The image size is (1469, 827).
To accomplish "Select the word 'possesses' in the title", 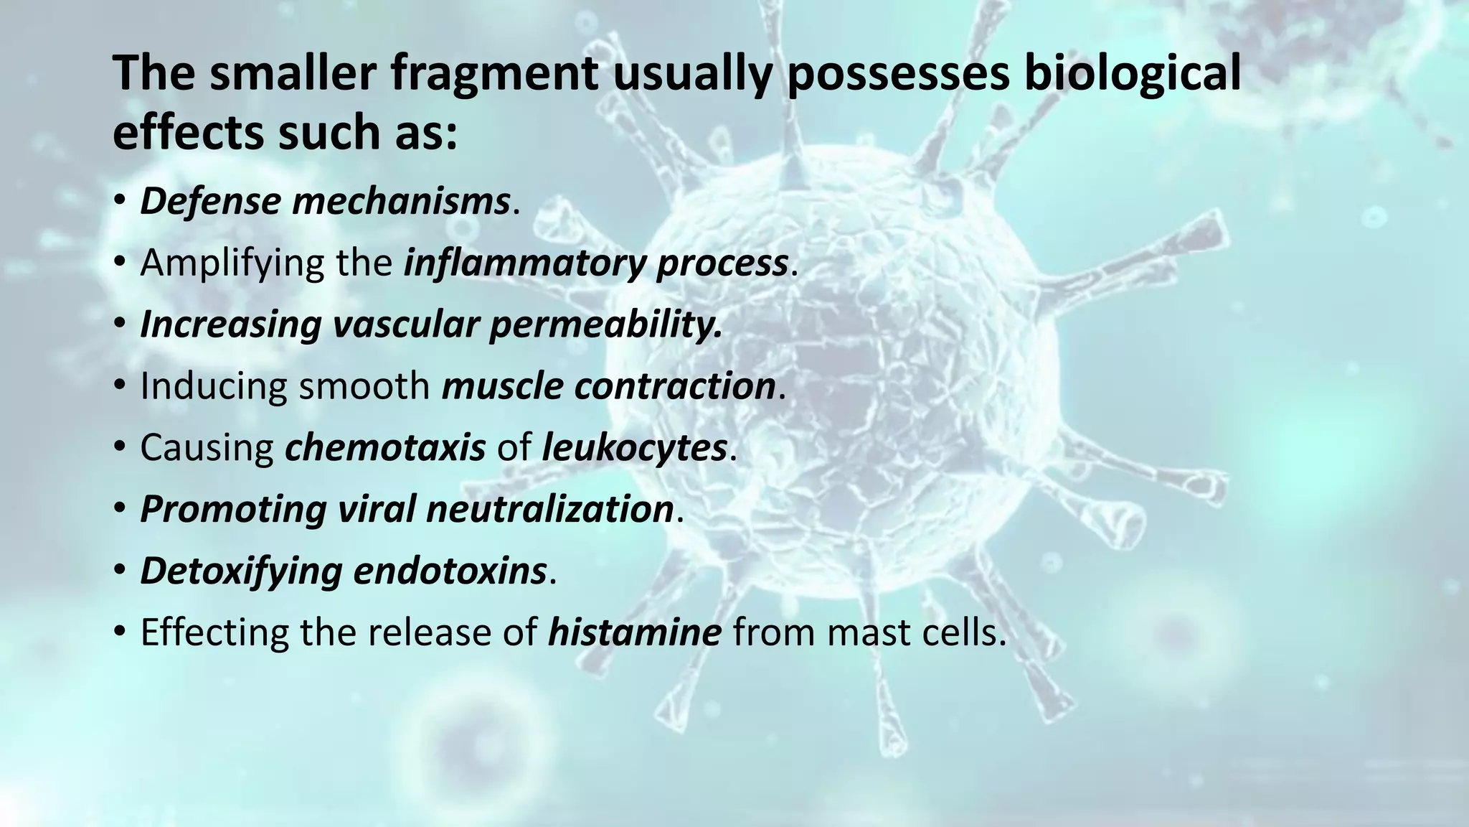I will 899,74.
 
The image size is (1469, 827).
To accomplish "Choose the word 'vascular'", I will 405,324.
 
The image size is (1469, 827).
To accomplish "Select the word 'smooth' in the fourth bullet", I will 364,386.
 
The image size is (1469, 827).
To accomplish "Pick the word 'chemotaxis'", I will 385,448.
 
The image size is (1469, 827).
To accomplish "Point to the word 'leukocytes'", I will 634,448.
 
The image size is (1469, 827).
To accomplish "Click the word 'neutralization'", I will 549,510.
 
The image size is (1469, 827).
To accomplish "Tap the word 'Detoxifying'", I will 240,571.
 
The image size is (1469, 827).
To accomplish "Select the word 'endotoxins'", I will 450,571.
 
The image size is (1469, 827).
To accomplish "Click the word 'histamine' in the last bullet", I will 634,633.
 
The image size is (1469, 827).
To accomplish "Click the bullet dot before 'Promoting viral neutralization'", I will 120,510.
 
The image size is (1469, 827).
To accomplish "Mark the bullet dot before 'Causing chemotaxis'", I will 120,448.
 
